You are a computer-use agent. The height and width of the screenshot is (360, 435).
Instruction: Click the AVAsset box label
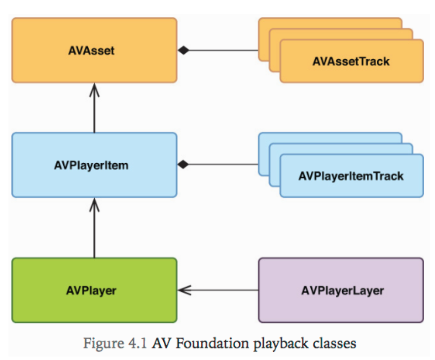(94, 50)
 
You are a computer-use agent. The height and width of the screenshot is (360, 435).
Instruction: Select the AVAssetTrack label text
(351, 62)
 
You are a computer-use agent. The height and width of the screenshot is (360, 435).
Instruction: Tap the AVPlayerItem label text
(94, 165)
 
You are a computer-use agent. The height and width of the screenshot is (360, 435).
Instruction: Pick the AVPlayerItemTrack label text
(351, 176)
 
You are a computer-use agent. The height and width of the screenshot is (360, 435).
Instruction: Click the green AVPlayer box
(94, 290)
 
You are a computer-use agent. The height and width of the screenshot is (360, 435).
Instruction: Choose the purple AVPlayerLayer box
(341, 290)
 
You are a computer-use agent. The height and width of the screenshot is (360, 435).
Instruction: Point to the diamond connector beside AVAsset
(183, 50)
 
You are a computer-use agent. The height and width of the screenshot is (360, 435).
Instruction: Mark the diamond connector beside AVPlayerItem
(183, 165)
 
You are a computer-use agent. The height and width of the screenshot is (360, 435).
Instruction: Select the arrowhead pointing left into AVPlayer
(183, 290)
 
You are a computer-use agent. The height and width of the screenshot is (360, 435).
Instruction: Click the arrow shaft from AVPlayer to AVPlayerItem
(94, 232)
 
